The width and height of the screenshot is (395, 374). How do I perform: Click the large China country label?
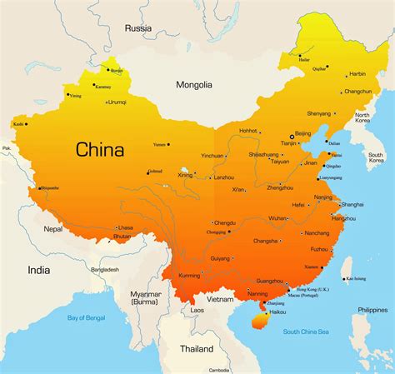(x=100, y=150)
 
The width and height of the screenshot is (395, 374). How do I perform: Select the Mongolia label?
(x=194, y=84)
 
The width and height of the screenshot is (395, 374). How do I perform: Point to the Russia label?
(x=138, y=27)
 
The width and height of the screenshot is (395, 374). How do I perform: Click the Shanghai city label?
(x=352, y=204)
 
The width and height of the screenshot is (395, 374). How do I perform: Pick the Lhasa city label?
(x=126, y=227)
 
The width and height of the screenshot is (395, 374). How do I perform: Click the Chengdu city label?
(x=225, y=222)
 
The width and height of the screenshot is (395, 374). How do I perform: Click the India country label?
(x=38, y=269)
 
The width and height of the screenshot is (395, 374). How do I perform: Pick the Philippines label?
(x=372, y=309)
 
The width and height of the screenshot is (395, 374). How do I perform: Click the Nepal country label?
(x=53, y=228)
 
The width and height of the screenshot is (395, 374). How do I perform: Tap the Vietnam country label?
(x=221, y=298)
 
